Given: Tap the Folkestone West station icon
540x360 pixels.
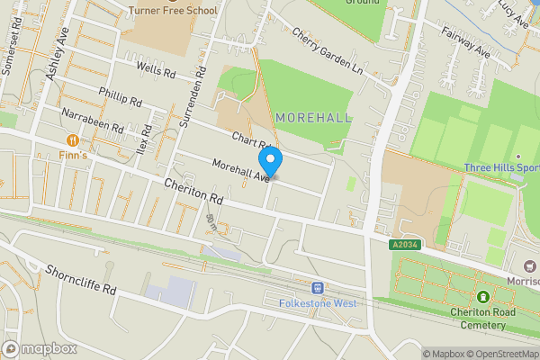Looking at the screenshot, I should click(317, 288).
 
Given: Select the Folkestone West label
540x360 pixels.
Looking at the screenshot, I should click(318, 303).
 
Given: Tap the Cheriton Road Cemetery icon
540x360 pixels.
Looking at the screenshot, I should click(483, 297).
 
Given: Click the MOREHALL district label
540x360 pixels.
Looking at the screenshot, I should click(313, 118).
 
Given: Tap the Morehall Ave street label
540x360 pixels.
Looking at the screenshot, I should click(241, 169).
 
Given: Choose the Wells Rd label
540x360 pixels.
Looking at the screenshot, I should click(154, 68).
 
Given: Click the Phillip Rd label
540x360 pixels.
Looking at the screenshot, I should click(121, 96).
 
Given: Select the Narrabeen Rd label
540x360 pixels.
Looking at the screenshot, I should click(93, 121).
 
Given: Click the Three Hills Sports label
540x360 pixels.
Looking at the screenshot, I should click(501, 167).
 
